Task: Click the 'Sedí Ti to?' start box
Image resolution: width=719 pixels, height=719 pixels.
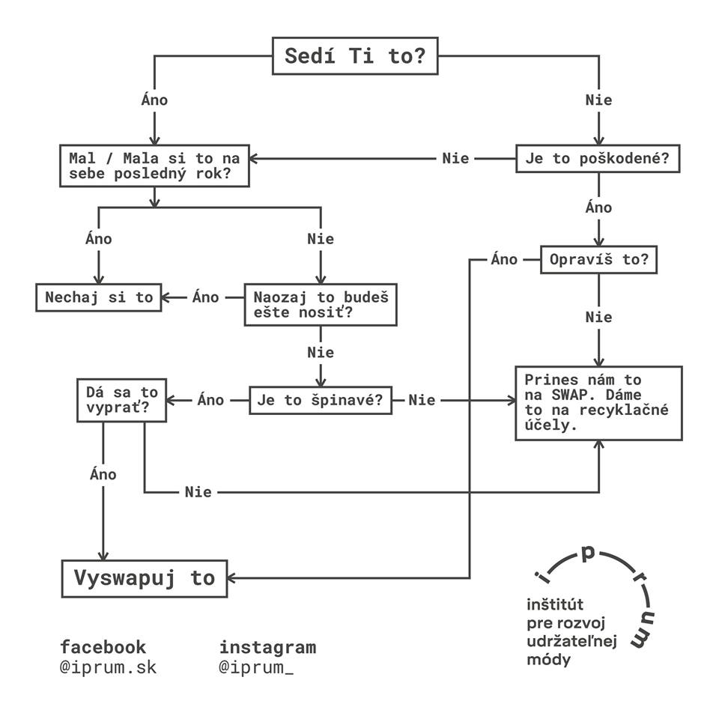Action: pos(354,57)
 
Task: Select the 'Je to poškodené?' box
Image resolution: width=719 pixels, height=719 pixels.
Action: pos(598,159)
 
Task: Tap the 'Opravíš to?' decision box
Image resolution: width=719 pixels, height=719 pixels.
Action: pos(598,261)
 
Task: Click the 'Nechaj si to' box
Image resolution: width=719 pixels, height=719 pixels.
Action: pos(99,297)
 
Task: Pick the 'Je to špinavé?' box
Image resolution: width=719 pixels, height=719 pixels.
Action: pos(320,400)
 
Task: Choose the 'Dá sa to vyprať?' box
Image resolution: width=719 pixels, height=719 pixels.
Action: pos(121,401)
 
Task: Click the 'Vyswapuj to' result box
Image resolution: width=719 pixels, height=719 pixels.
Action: pos(144,578)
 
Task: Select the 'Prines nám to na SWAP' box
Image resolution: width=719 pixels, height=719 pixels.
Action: pos(598,403)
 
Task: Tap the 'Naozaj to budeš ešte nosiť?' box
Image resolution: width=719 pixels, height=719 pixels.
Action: pos(321,304)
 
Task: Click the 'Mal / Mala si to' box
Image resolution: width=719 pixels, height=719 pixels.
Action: pos(154,166)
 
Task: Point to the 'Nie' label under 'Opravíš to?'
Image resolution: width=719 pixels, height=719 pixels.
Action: pos(598,318)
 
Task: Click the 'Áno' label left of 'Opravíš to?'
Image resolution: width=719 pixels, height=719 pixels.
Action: pos(504,260)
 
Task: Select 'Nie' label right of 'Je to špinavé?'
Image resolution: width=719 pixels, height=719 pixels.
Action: pos(422,400)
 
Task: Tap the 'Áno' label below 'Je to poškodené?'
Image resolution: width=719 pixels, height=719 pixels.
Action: pos(598,207)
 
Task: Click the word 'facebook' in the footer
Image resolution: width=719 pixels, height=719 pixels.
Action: pos(103,646)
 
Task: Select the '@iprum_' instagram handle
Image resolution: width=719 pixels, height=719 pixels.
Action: pos(256,667)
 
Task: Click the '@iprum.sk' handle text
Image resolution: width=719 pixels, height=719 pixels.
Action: pos(109,667)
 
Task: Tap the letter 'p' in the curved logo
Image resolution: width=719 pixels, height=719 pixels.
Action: pos(588,553)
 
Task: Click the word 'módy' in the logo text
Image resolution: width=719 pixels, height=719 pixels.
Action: pos(548,660)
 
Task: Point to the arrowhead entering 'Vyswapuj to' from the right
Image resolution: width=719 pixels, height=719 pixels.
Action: pos(233,578)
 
